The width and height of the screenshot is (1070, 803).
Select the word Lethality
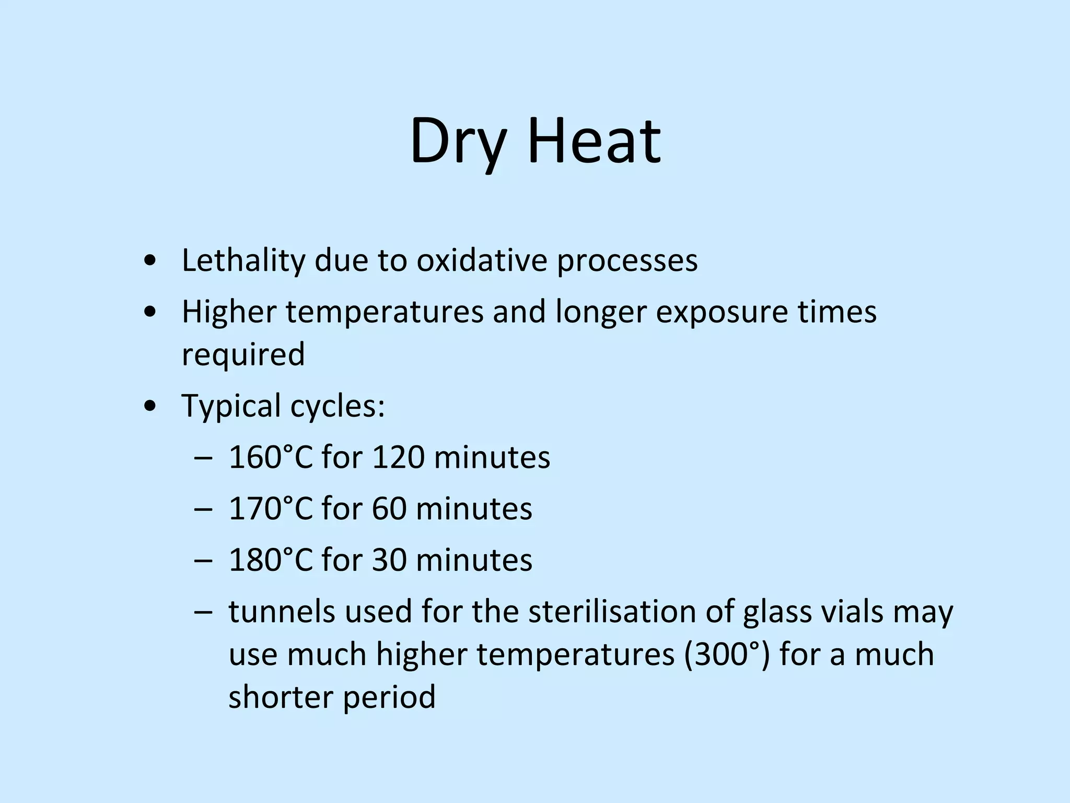point(243,261)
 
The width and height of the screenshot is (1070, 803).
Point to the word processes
point(627,262)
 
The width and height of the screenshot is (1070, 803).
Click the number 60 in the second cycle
point(389,508)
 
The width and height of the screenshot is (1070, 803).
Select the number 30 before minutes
point(389,559)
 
